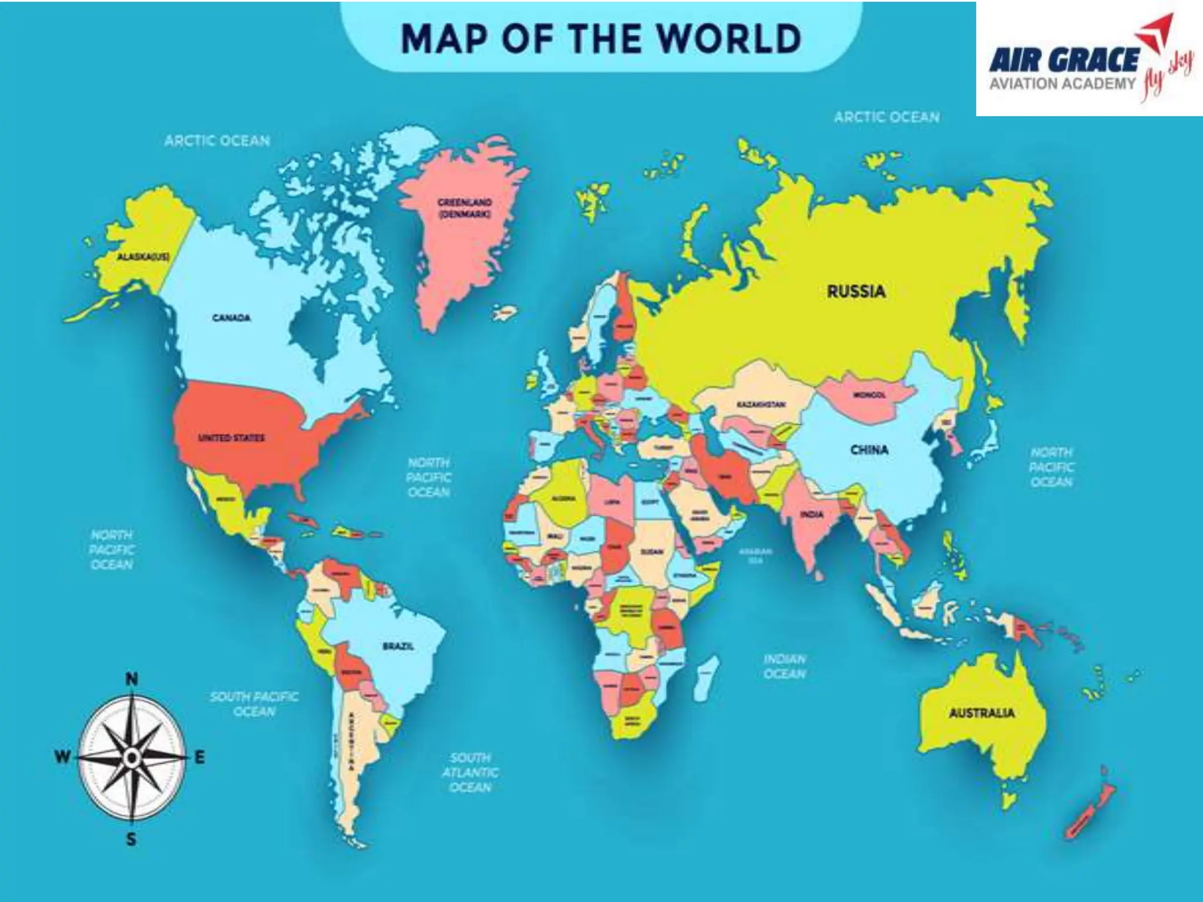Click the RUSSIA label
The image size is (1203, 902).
tap(856, 291)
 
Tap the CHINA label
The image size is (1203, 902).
tap(869, 450)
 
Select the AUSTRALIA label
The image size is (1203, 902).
tap(982, 713)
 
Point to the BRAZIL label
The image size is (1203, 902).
tap(398, 646)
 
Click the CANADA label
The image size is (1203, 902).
tap(231, 318)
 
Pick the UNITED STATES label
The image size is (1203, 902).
tap(231, 437)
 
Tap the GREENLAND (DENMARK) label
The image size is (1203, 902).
tap(464, 208)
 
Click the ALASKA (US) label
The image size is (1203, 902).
tap(140, 257)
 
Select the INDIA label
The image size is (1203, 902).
tap(811, 514)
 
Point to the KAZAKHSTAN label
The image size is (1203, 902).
tap(761, 405)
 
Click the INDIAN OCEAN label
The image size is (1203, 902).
tap(785, 666)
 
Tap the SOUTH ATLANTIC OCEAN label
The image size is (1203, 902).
tap(470, 772)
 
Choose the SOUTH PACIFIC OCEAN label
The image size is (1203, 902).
tap(254, 704)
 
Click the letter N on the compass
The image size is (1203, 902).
tap(132, 680)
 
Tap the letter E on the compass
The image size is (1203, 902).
tap(200, 758)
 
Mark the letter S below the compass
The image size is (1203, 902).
tap(132, 840)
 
